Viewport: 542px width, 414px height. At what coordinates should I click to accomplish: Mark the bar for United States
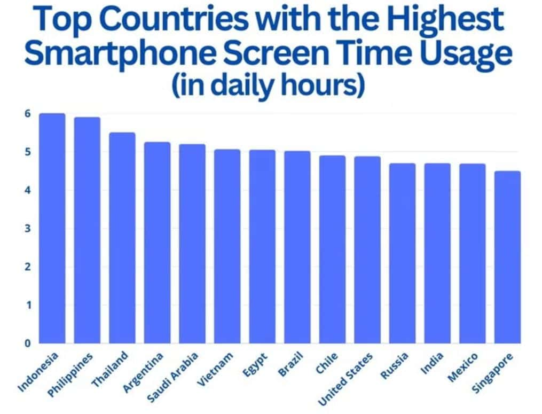(x=367, y=249)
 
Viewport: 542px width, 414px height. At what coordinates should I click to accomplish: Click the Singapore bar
(x=507, y=257)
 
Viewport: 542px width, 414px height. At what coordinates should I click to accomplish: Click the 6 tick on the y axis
(x=27, y=114)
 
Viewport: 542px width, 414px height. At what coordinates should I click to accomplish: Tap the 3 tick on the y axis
(x=27, y=229)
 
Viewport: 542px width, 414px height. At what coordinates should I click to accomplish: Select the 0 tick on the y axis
(x=27, y=343)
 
